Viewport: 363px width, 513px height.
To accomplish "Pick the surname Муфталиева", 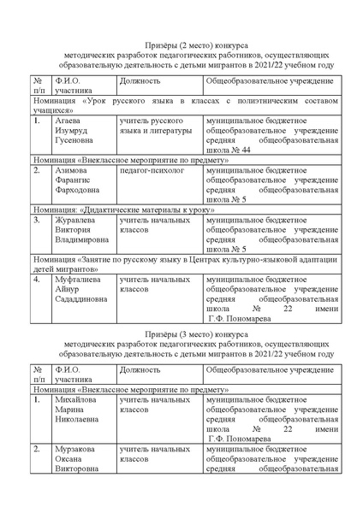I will click(81, 279).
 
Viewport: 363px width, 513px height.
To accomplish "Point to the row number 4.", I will click(37, 279).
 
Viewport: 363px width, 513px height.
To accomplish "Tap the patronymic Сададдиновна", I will click(84, 299).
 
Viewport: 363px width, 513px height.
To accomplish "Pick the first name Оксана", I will click(71, 458).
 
